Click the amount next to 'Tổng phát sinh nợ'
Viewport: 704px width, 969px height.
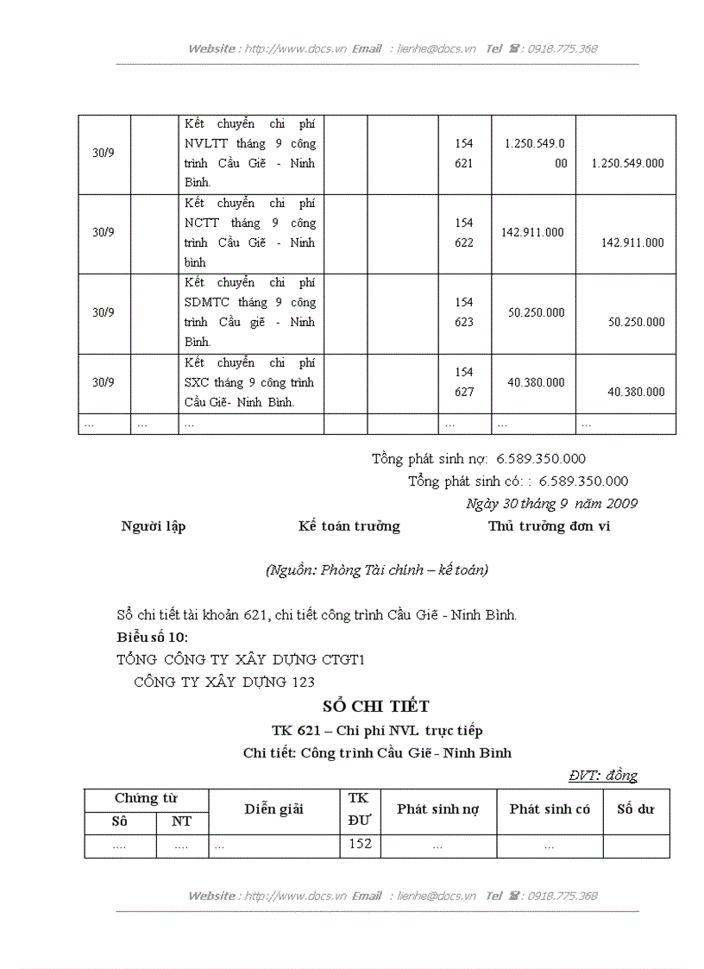point(541,459)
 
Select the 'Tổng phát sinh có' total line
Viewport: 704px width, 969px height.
point(518,481)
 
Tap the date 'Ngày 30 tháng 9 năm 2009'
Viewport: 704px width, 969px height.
point(551,503)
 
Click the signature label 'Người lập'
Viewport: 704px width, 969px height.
point(154,526)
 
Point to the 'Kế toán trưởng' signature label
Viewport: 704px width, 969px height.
point(349,526)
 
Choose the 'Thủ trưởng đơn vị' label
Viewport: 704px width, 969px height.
point(549,526)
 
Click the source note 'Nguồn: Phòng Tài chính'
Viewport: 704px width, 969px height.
point(376,569)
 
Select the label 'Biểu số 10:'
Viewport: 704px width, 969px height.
point(152,638)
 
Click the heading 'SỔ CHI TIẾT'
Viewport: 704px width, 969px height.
point(369,707)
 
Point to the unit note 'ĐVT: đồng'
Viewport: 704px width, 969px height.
point(602,775)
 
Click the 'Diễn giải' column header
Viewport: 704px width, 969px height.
point(273,809)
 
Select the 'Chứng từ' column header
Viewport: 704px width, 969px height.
point(146,799)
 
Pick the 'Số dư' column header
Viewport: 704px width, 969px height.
point(635,809)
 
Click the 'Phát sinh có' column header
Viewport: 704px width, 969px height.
point(550,809)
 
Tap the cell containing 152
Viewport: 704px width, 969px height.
point(360,844)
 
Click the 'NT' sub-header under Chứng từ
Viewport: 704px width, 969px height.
point(181,821)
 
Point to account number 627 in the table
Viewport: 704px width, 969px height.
point(464,392)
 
